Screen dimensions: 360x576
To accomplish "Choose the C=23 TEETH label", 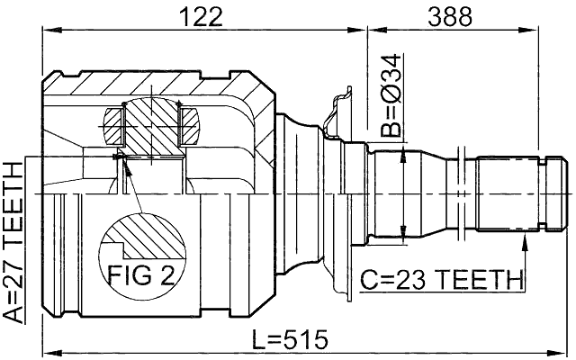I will tap(441, 278).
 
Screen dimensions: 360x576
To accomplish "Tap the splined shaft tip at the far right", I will tap(558, 193).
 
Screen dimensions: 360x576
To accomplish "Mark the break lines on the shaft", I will tap(462, 193).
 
